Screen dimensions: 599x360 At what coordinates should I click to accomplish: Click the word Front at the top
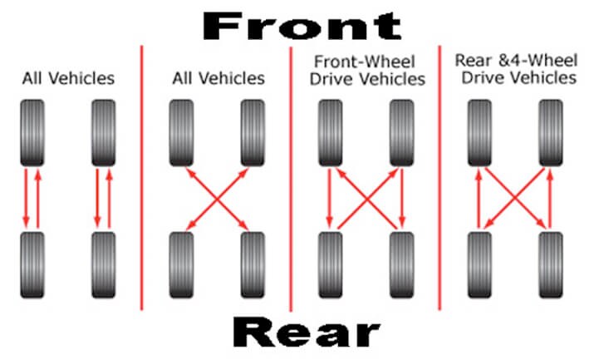pyautogui.click(x=302, y=26)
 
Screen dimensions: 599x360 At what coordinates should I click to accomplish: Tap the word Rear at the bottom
pyautogui.click(x=307, y=332)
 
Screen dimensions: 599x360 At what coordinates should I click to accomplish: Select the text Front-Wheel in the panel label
pyautogui.click(x=364, y=62)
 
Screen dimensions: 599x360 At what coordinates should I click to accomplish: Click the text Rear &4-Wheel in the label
pyautogui.click(x=516, y=61)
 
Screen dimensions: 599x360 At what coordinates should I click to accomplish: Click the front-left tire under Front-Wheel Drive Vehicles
pyautogui.click(x=331, y=133)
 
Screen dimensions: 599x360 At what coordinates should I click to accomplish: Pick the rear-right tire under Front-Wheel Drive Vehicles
pyautogui.click(x=401, y=265)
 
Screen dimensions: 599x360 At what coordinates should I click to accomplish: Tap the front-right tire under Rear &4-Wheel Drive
pyautogui.click(x=551, y=133)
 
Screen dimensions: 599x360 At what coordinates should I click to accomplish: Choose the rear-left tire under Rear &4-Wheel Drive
pyautogui.click(x=480, y=265)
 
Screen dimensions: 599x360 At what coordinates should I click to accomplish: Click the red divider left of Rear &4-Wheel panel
pyautogui.click(x=439, y=178)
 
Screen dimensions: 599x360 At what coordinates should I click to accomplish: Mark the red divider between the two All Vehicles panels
pyautogui.click(x=142, y=178)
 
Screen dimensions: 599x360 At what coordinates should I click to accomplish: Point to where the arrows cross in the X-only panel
pyautogui.click(x=217, y=199)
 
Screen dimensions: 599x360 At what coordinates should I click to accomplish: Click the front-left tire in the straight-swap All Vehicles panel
pyautogui.click(x=32, y=133)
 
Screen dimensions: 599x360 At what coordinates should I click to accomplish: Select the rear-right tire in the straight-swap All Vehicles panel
pyautogui.click(x=104, y=265)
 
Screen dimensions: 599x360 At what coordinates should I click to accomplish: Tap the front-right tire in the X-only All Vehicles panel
pyautogui.click(x=253, y=133)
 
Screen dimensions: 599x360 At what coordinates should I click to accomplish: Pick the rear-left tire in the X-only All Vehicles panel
pyautogui.click(x=181, y=265)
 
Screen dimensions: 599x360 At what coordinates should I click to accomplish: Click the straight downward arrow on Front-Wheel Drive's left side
pyautogui.click(x=329, y=198)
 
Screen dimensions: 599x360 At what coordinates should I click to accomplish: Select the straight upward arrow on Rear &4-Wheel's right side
pyautogui.click(x=550, y=199)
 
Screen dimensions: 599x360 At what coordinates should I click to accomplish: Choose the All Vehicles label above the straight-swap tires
pyautogui.click(x=68, y=78)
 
